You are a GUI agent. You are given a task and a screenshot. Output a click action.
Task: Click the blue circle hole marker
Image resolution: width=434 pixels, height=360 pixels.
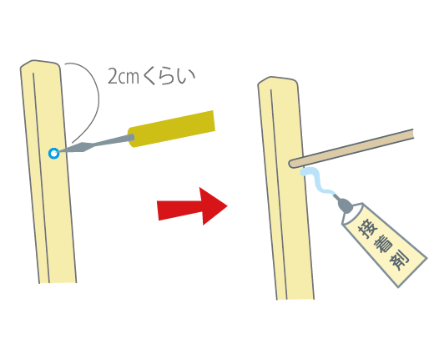53,154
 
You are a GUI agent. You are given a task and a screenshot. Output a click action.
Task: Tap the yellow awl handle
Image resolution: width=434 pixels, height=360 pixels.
171,129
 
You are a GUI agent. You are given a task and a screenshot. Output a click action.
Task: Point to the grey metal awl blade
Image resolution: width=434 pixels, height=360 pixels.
96,144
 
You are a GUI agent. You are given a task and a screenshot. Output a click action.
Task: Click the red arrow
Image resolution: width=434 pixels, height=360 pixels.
192,206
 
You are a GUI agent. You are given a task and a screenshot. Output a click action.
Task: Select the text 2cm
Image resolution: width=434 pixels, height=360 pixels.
124,76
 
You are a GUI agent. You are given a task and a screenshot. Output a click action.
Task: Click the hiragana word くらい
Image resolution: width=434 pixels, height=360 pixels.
169,76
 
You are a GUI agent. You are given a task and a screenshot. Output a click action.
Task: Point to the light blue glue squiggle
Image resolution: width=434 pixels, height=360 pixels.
317,180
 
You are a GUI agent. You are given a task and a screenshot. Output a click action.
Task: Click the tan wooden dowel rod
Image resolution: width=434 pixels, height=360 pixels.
351,149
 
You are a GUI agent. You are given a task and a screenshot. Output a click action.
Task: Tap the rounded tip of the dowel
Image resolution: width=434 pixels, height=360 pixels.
291,164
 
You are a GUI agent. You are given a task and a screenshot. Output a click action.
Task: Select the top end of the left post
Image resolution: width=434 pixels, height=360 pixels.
40,63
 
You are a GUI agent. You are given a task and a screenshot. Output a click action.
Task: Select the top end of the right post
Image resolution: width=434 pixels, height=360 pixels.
278,80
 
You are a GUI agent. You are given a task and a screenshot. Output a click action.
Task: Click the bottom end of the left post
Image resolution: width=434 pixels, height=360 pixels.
58,283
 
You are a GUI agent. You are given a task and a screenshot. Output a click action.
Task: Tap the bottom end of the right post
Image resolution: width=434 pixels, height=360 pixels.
295,299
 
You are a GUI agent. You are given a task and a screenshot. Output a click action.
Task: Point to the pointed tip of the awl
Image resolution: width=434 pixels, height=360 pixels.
58,152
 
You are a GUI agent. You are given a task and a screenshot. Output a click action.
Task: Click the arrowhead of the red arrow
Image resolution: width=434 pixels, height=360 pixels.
214,206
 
